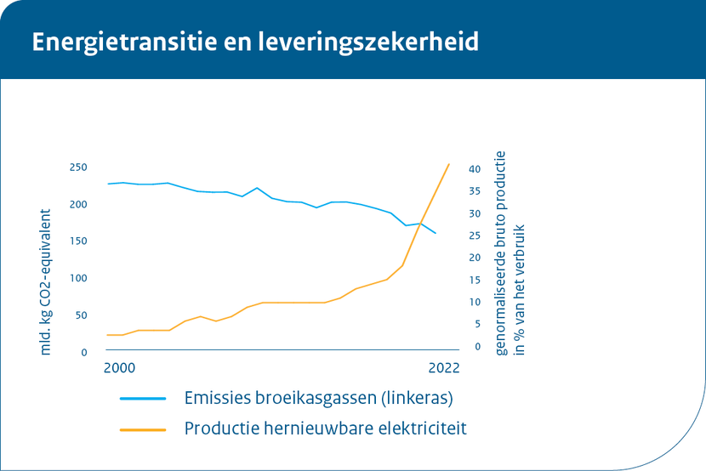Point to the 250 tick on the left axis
[x=77, y=167]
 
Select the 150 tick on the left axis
[x=77, y=241]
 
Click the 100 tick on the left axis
[x=77, y=279]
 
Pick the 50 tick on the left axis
[x=80, y=315]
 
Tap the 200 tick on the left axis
[x=77, y=205]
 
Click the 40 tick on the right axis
[x=475, y=169]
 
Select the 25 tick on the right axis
[x=475, y=235]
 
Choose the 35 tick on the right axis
[x=475, y=191]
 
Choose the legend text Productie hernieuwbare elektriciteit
[x=326, y=428]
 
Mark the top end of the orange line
[x=449, y=164]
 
